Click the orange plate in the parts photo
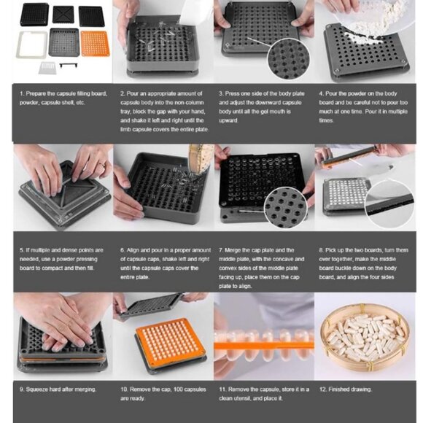(96, 44)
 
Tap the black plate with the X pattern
(63, 15)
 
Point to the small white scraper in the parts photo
(47, 68)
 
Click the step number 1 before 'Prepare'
(22, 94)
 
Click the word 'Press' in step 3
(233, 93)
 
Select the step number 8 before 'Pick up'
(321, 250)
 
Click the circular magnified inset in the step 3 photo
(289, 59)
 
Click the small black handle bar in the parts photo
(69, 65)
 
